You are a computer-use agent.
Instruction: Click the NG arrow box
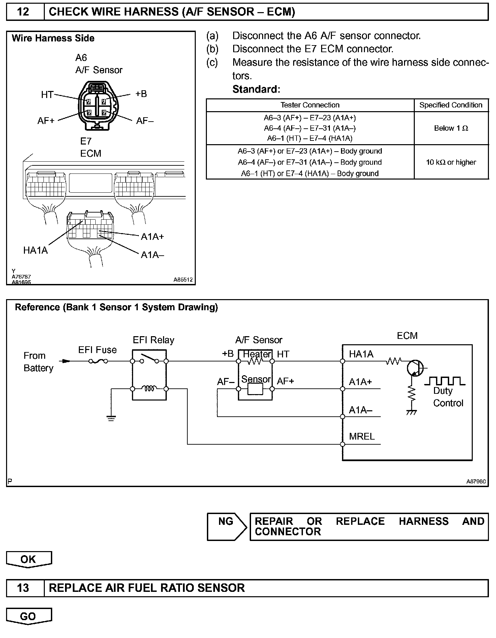pyautogui.click(x=226, y=527)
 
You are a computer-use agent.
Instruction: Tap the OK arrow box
pyautogui.click(x=29, y=559)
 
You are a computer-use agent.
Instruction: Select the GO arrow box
pyautogui.click(x=29, y=616)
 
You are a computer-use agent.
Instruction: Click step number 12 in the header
pyautogui.click(x=23, y=12)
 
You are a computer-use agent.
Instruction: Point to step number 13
pyautogui.click(x=23, y=588)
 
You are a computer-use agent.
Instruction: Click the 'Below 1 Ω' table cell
pyautogui.click(x=451, y=128)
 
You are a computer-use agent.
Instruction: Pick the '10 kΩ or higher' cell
pyautogui.click(x=451, y=162)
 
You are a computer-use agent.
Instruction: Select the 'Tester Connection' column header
pyautogui.click(x=310, y=105)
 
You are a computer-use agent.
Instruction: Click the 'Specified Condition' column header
pyautogui.click(x=451, y=105)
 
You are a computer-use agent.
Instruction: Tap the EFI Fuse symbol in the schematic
pyautogui.click(x=98, y=361)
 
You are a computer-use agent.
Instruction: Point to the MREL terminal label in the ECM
pyautogui.click(x=362, y=437)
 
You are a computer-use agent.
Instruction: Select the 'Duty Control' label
pyautogui.click(x=448, y=397)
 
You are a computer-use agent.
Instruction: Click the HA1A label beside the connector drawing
pyautogui.click(x=35, y=251)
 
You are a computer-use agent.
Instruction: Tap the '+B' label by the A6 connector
pyautogui.click(x=141, y=94)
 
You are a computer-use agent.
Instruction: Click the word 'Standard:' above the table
pyautogui.click(x=256, y=89)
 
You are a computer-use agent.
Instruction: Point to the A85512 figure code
pyautogui.click(x=183, y=280)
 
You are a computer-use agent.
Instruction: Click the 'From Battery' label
pyautogui.click(x=38, y=362)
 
